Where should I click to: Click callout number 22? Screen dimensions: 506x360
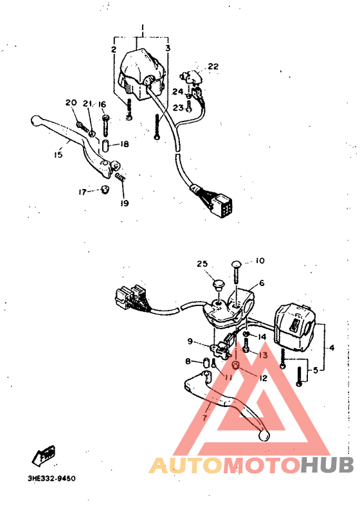pyautogui.click(x=213, y=66)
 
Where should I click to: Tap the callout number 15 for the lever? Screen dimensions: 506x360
pyautogui.click(x=59, y=154)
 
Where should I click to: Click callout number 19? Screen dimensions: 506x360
pyautogui.click(x=123, y=204)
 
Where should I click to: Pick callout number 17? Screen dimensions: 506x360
pyautogui.click(x=82, y=192)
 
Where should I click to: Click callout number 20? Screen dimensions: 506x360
pyautogui.click(x=71, y=103)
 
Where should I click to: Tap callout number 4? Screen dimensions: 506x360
pyautogui.click(x=331, y=348)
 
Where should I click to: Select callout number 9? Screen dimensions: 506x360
pyautogui.click(x=190, y=341)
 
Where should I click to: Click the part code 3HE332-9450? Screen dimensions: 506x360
pyautogui.click(x=51, y=479)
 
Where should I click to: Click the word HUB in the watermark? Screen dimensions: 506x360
pyautogui.click(x=327, y=465)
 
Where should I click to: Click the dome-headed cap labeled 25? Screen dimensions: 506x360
pyautogui.click(x=218, y=284)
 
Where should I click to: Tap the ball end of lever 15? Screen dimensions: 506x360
pyautogui.click(x=35, y=120)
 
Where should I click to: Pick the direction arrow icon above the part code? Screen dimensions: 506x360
pyautogui.click(x=44, y=455)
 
